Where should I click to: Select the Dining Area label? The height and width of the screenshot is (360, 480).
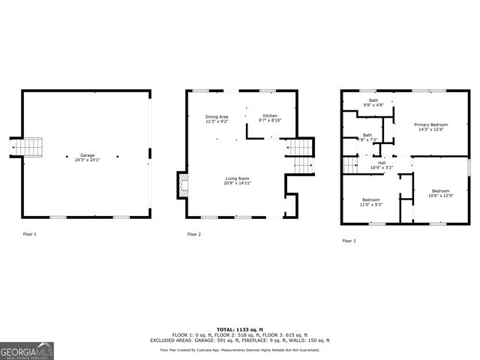(217, 116)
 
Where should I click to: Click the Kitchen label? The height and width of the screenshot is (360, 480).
(270, 115)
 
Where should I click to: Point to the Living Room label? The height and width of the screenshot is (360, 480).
(237, 178)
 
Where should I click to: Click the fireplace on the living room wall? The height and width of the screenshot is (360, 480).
(181, 185)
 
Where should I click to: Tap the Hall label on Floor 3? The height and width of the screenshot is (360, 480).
(382, 163)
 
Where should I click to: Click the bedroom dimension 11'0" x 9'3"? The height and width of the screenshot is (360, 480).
(371, 204)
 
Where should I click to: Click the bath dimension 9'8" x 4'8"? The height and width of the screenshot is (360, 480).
(373, 105)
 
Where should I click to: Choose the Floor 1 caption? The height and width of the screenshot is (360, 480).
(29, 235)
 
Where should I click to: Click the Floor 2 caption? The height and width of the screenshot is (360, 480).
(194, 235)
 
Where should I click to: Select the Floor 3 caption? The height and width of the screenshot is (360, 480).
(349, 241)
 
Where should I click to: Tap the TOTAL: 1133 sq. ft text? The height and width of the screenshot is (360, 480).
(240, 329)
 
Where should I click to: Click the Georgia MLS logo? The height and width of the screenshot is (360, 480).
(27, 350)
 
